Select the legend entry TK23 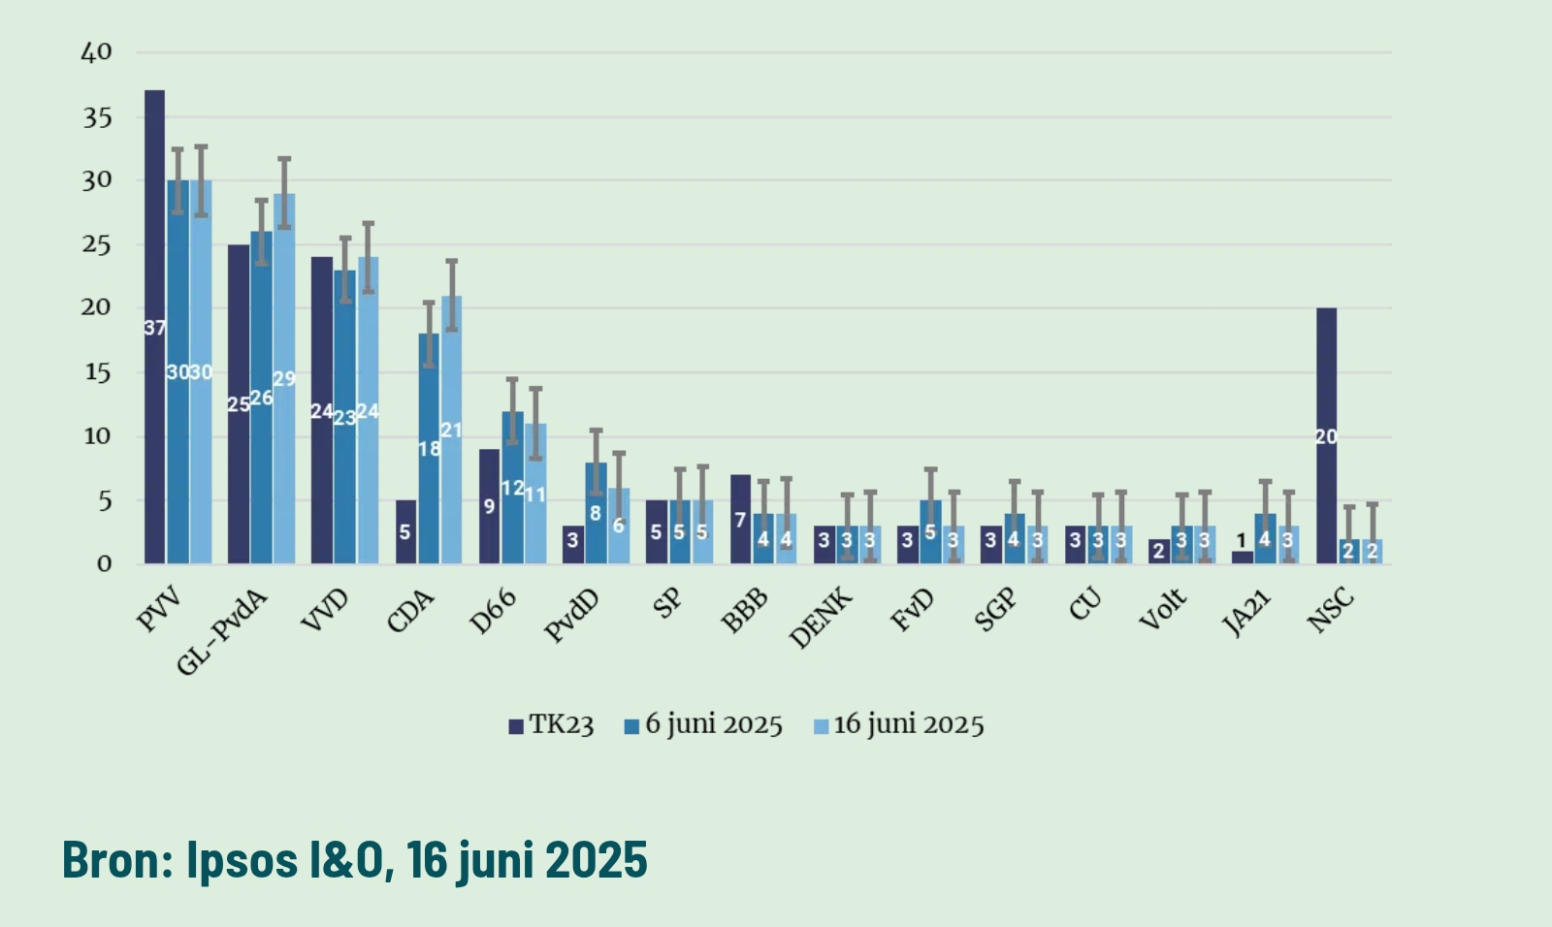click(x=551, y=725)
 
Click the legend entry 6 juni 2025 click(x=703, y=725)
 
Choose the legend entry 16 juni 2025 click(x=898, y=725)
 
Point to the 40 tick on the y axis click(x=96, y=52)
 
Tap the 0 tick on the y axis click(x=104, y=563)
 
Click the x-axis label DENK click(x=822, y=618)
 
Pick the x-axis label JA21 click(x=1246, y=613)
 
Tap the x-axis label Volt click(x=1163, y=609)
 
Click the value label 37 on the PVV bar click(x=154, y=328)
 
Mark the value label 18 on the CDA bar click(x=429, y=449)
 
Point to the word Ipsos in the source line click(x=242, y=859)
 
